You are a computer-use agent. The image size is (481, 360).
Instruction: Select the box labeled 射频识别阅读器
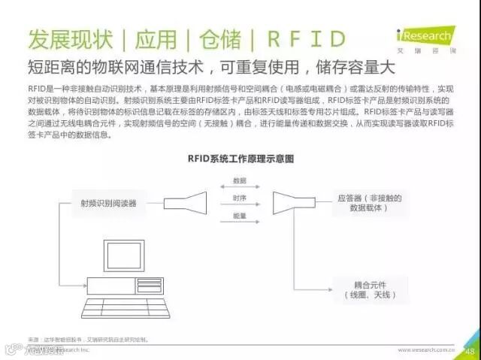(108, 203)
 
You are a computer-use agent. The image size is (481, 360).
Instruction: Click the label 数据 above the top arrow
(239, 181)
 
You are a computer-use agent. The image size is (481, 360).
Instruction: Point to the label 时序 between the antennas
(239, 198)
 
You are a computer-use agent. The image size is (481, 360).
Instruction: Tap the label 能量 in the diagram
(239, 216)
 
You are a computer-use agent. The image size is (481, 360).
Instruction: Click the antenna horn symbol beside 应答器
(288, 201)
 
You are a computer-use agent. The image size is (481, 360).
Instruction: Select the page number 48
(470, 349)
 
